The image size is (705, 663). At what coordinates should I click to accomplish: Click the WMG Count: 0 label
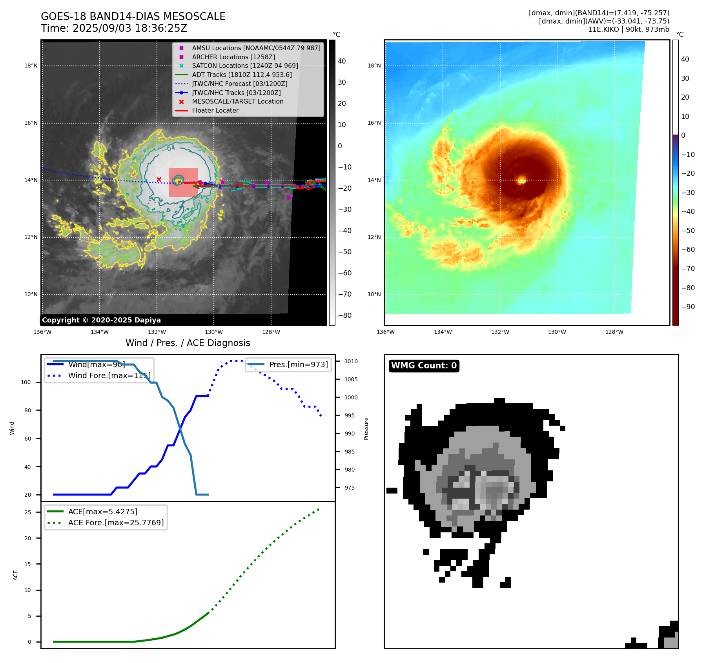424,366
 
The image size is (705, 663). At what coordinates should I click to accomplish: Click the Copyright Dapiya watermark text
101,320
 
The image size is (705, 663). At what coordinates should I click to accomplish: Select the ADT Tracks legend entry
242,75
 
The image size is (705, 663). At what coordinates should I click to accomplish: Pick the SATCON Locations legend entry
245,66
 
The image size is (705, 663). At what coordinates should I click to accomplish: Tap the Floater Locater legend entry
215,110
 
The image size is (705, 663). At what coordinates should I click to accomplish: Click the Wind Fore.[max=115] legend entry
109,375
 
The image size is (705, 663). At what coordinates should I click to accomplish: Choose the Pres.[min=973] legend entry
298,364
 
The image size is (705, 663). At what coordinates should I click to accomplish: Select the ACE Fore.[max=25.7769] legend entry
116,523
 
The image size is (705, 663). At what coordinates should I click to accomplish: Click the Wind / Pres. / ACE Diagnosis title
188,343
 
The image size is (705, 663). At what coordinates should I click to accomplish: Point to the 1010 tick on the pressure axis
351,361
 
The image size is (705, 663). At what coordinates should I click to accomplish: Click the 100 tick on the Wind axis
26,382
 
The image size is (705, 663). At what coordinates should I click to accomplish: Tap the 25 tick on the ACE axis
27,512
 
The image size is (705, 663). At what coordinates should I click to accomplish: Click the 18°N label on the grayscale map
31,66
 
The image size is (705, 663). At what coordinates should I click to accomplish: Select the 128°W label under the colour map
614,332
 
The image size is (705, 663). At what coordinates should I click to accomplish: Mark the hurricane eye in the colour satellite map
522,181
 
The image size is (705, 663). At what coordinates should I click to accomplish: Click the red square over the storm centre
183,182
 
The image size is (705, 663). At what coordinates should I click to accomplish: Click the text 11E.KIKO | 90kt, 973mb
628,29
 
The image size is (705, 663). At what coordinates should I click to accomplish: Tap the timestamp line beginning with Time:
114,28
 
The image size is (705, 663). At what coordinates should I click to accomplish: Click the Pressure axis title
366,428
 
